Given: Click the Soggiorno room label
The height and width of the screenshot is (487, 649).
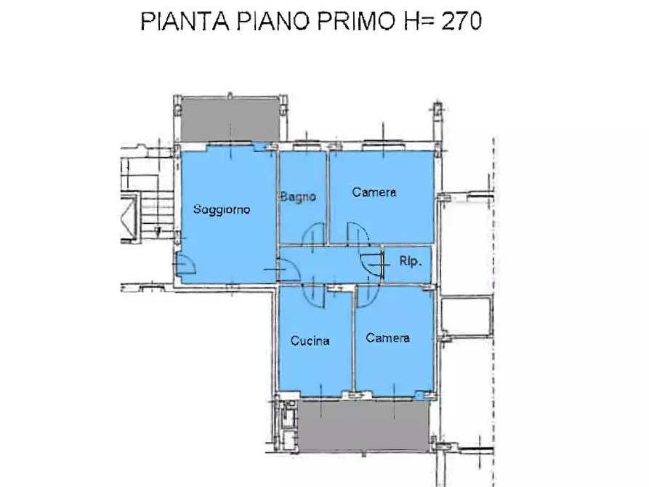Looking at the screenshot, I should pos(222,210).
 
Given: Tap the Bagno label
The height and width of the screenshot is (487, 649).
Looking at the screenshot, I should pos(298,196).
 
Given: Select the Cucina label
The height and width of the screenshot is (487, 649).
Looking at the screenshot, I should pos(310,340).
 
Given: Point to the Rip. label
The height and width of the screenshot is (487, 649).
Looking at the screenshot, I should pos(411,260).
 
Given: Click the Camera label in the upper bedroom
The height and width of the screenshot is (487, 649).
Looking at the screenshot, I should pos(374,192).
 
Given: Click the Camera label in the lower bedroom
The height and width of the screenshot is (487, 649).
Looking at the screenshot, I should pos(387,338).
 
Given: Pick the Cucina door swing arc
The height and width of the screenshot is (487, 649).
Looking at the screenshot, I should pos(313,294).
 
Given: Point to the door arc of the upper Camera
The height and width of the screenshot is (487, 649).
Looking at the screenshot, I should pos(358,234).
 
